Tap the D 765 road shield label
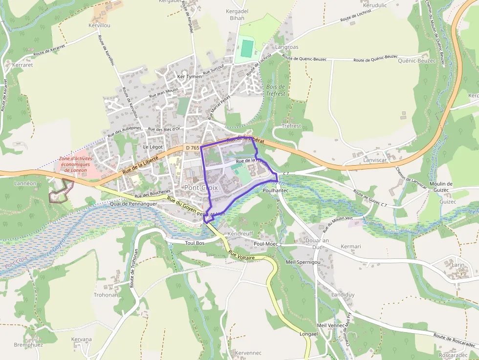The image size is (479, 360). (192, 148)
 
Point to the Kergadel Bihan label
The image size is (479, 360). (237, 15)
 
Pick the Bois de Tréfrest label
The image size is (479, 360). (276, 90)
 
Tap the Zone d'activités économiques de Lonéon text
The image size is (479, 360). (75, 164)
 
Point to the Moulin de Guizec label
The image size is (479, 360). (441, 187)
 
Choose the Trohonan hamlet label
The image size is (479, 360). (106, 295)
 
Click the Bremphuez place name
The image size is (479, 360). (28, 344)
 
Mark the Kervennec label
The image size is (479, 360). (248, 353)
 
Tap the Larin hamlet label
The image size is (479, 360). (458, 265)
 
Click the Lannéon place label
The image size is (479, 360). (25, 183)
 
